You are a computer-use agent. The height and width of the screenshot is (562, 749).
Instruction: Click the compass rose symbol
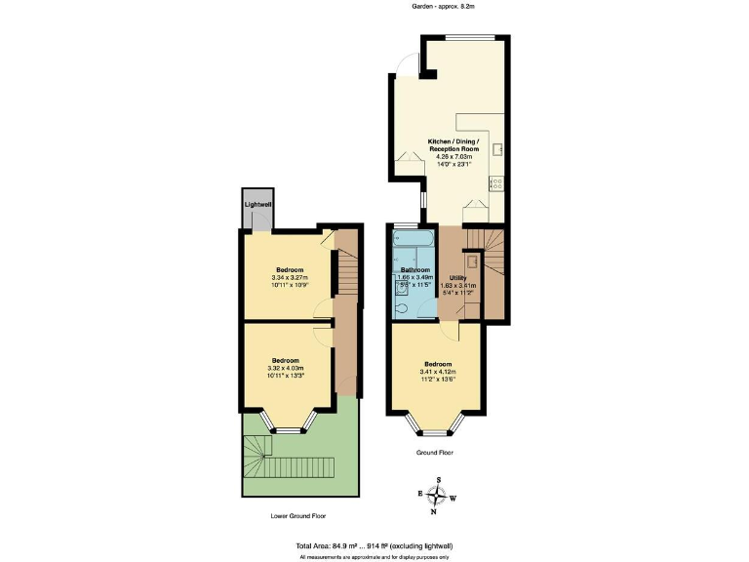point(439,496)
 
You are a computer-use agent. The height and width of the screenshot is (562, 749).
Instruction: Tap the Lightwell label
point(258,204)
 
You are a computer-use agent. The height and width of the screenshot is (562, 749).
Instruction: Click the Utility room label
point(458,278)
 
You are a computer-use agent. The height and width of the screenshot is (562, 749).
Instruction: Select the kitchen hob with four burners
point(497,181)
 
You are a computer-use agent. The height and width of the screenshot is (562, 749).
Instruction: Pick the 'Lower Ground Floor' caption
point(298,515)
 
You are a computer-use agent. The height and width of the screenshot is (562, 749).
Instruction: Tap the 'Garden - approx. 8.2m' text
point(447,6)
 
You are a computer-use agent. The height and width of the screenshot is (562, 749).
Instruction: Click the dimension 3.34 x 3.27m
point(291,277)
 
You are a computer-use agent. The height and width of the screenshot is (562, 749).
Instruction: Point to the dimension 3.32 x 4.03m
point(290,367)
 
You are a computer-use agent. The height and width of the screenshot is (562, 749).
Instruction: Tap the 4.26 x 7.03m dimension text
point(451,156)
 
